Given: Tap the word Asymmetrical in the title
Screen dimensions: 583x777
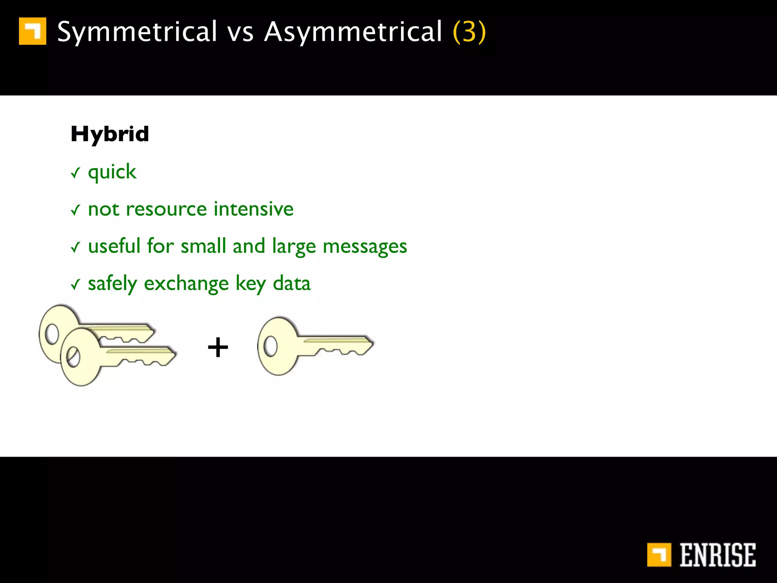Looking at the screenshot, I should pos(353,32).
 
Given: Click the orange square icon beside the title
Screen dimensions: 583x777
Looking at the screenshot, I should pos(33,31).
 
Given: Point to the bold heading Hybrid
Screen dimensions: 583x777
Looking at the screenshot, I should pos(110,134).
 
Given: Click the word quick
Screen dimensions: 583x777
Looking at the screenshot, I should pos(112,172).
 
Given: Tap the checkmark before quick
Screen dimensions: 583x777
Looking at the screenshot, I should pos(75,173).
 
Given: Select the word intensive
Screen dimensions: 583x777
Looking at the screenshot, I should pos(253,209).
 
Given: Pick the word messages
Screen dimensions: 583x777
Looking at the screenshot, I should pos(365,246).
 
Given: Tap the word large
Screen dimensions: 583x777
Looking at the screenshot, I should pos(294,246).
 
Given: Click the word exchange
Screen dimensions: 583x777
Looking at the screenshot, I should pos(186,284).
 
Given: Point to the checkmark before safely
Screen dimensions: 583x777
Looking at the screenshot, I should pos(75,284).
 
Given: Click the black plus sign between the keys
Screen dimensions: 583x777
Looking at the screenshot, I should pos(218,347).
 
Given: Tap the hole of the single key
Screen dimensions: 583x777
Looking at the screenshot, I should pos(271,346).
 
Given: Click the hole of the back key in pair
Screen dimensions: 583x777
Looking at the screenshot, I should pos(52,334).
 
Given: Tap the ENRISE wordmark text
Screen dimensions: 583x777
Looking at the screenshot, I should pos(717,555).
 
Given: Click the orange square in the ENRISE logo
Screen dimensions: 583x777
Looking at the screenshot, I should pos(659,555).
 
